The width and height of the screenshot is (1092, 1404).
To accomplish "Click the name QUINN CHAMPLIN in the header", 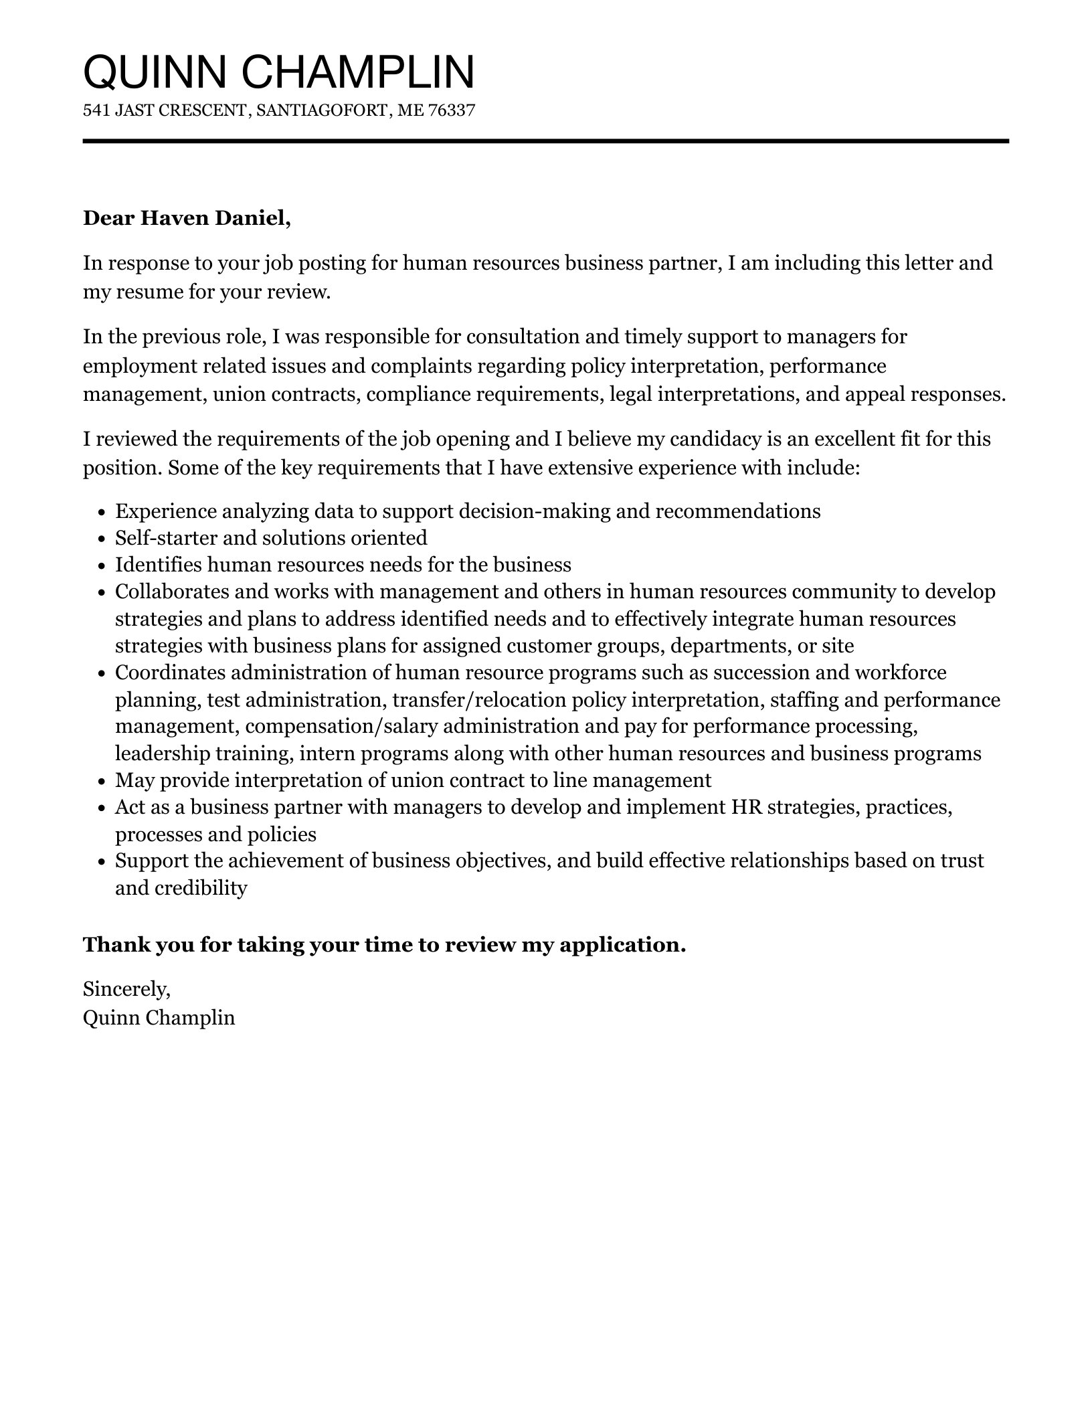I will pyautogui.click(x=278, y=72).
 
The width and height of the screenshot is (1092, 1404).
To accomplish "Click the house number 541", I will pyautogui.click(x=96, y=110).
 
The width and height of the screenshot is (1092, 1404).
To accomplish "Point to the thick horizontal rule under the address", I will pyautogui.click(x=545, y=141).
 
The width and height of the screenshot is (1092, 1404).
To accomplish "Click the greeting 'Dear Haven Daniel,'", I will pyautogui.click(x=187, y=218).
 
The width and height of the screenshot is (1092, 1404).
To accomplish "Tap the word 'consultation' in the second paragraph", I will pyautogui.click(x=523, y=336).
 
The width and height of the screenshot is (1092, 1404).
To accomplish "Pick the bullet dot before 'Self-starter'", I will pyautogui.click(x=102, y=539).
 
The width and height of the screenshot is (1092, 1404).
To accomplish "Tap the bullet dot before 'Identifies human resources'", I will pyautogui.click(x=102, y=566).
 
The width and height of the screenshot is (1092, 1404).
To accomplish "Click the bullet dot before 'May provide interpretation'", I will pyautogui.click(x=102, y=782).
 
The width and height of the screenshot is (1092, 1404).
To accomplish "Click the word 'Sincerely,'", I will pyautogui.click(x=126, y=988).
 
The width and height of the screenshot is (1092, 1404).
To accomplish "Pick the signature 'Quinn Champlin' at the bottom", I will pyautogui.click(x=159, y=1018).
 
